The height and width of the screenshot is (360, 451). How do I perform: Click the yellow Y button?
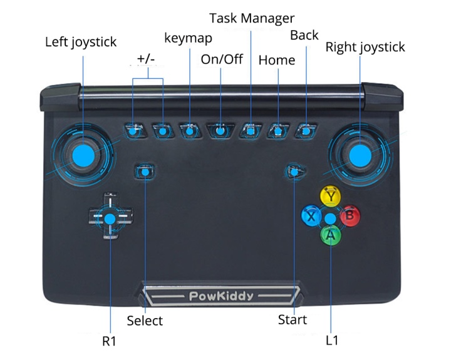[x=329, y=196]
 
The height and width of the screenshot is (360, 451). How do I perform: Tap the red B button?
[x=350, y=216]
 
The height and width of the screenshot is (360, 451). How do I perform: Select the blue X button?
[x=310, y=217]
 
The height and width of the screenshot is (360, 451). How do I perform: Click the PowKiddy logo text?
[x=220, y=296]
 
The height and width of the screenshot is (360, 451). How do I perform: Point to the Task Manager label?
[x=251, y=18]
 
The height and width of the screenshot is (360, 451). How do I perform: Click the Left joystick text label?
[x=81, y=43]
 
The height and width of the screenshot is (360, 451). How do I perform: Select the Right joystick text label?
[x=365, y=47]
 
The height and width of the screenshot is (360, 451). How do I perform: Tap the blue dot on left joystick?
[x=83, y=155]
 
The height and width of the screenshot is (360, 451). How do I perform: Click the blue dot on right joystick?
[x=360, y=155]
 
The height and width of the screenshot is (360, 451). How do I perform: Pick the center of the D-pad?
[x=110, y=219]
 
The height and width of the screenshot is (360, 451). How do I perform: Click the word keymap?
[x=188, y=38]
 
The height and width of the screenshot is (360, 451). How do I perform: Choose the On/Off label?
[x=222, y=59]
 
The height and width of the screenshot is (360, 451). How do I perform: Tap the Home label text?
[x=277, y=60]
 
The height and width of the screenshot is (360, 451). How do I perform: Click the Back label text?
[x=304, y=35]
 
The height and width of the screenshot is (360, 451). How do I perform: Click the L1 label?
[x=332, y=341]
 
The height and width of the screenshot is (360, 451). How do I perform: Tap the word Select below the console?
[x=145, y=321]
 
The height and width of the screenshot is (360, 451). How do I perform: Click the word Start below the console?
[x=293, y=319]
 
